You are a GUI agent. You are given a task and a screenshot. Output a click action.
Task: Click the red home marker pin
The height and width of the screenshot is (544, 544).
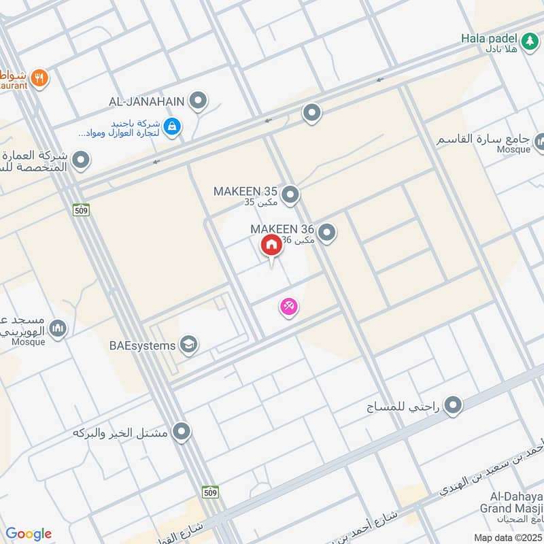point(271,245)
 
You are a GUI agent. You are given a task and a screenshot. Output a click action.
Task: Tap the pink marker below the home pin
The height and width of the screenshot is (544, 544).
point(289,307)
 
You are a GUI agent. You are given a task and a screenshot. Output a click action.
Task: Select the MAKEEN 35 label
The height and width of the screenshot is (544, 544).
point(245,191)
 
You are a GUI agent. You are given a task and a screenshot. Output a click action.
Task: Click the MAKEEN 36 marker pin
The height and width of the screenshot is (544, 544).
point(327,233)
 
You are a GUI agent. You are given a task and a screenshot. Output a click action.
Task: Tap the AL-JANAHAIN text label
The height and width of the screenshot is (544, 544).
point(146,101)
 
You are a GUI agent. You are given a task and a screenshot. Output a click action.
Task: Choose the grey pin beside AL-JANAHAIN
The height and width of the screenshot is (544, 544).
point(198,101)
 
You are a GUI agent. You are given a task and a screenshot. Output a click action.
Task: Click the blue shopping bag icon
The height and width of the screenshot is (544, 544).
point(173,126)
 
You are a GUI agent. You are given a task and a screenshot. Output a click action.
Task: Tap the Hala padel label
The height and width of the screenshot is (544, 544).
point(490,39)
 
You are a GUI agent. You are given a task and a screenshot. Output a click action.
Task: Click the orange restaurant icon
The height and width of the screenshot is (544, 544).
point(40,78)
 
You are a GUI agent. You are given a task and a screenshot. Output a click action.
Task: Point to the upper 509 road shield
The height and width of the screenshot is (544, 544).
point(81,211)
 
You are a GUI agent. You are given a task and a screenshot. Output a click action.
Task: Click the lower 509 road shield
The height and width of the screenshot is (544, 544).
point(210,492)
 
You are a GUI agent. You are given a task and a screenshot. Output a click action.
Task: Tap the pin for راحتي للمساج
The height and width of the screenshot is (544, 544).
point(453,407)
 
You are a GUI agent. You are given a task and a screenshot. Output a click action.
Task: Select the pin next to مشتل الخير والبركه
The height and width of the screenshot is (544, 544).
point(182,431)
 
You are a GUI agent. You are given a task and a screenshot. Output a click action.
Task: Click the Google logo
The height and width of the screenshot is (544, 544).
point(28,534)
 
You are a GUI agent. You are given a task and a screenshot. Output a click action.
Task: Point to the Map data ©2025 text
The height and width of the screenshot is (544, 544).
point(507,538)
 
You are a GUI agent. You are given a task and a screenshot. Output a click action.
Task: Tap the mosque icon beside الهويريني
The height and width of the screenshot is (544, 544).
point(58,329)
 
